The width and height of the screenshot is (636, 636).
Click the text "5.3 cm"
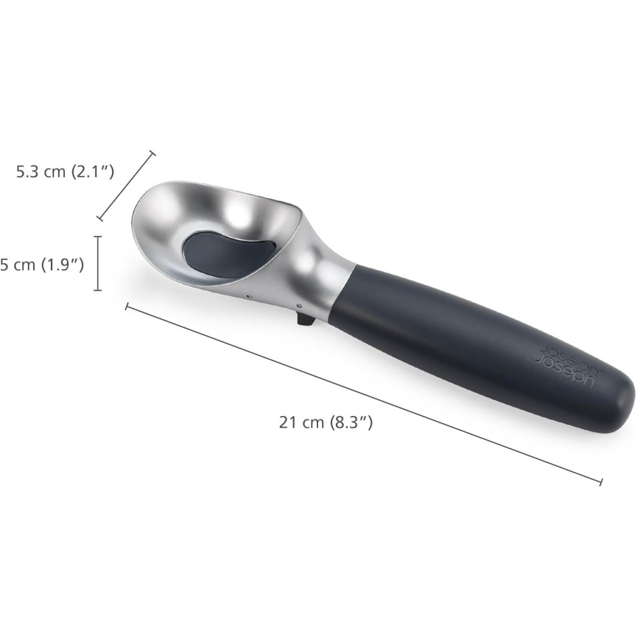pyautogui.click(x=41, y=171)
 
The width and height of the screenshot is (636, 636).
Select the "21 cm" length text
pyautogui.click(x=301, y=422)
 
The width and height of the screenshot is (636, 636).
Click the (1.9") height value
pyautogui.click(x=62, y=264)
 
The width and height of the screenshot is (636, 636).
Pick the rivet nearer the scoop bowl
pyautogui.click(x=248, y=295)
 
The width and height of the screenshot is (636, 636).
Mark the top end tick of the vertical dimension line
pyautogui.click(x=97, y=237)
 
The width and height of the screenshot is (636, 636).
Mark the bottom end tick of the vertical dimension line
pyautogui.click(x=97, y=290)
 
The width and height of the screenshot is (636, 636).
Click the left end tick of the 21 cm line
pyautogui.click(x=127, y=307)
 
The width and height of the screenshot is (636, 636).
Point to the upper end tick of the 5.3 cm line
pyautogui.click(x=152, y=153)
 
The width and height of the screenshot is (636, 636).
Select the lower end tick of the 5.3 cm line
pyautogui.click(x=99, y=218)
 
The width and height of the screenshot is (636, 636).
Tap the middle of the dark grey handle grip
pyautogui.click(x=471, y=343)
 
